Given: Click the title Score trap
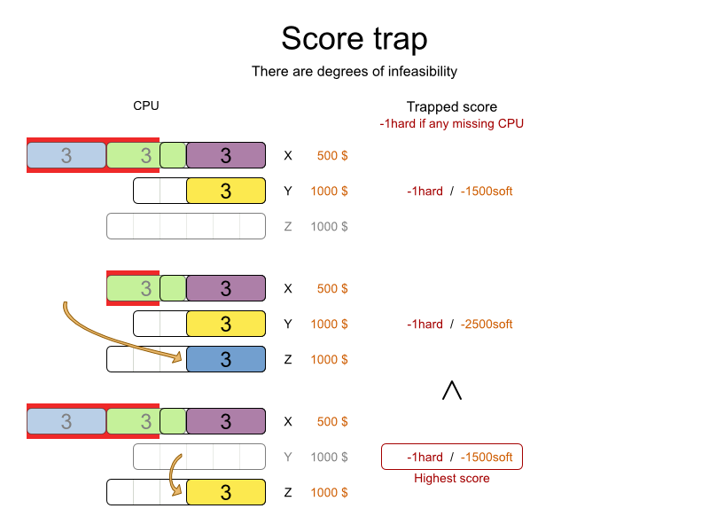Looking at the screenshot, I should click(354, 39).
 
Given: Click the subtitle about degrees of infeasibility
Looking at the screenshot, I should click(354, 71).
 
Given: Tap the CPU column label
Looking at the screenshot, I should click(146, 106).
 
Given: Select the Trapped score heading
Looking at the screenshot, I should click(451, 106).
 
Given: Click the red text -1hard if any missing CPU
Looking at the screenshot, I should click(451, 123).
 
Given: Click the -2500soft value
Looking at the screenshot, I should click(487, 324).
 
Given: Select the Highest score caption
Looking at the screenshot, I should click(451, 479).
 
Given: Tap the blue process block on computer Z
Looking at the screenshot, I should click(226, 359).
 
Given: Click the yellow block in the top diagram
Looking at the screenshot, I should click(226, 191).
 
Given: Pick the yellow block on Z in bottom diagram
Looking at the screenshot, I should click(226, 492).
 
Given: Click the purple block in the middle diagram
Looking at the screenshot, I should click(226, 288).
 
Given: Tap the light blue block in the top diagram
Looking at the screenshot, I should click(66, 155).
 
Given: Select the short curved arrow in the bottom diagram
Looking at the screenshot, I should click(175, 474).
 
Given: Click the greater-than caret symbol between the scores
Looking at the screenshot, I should click(452, 390).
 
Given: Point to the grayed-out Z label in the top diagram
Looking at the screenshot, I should click(287, 226).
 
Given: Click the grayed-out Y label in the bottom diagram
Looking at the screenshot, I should click(287, 457).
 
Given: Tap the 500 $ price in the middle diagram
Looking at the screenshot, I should click(332, 288).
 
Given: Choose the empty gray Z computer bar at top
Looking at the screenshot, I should click(186, 226).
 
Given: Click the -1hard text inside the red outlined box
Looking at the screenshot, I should click(425, 457).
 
